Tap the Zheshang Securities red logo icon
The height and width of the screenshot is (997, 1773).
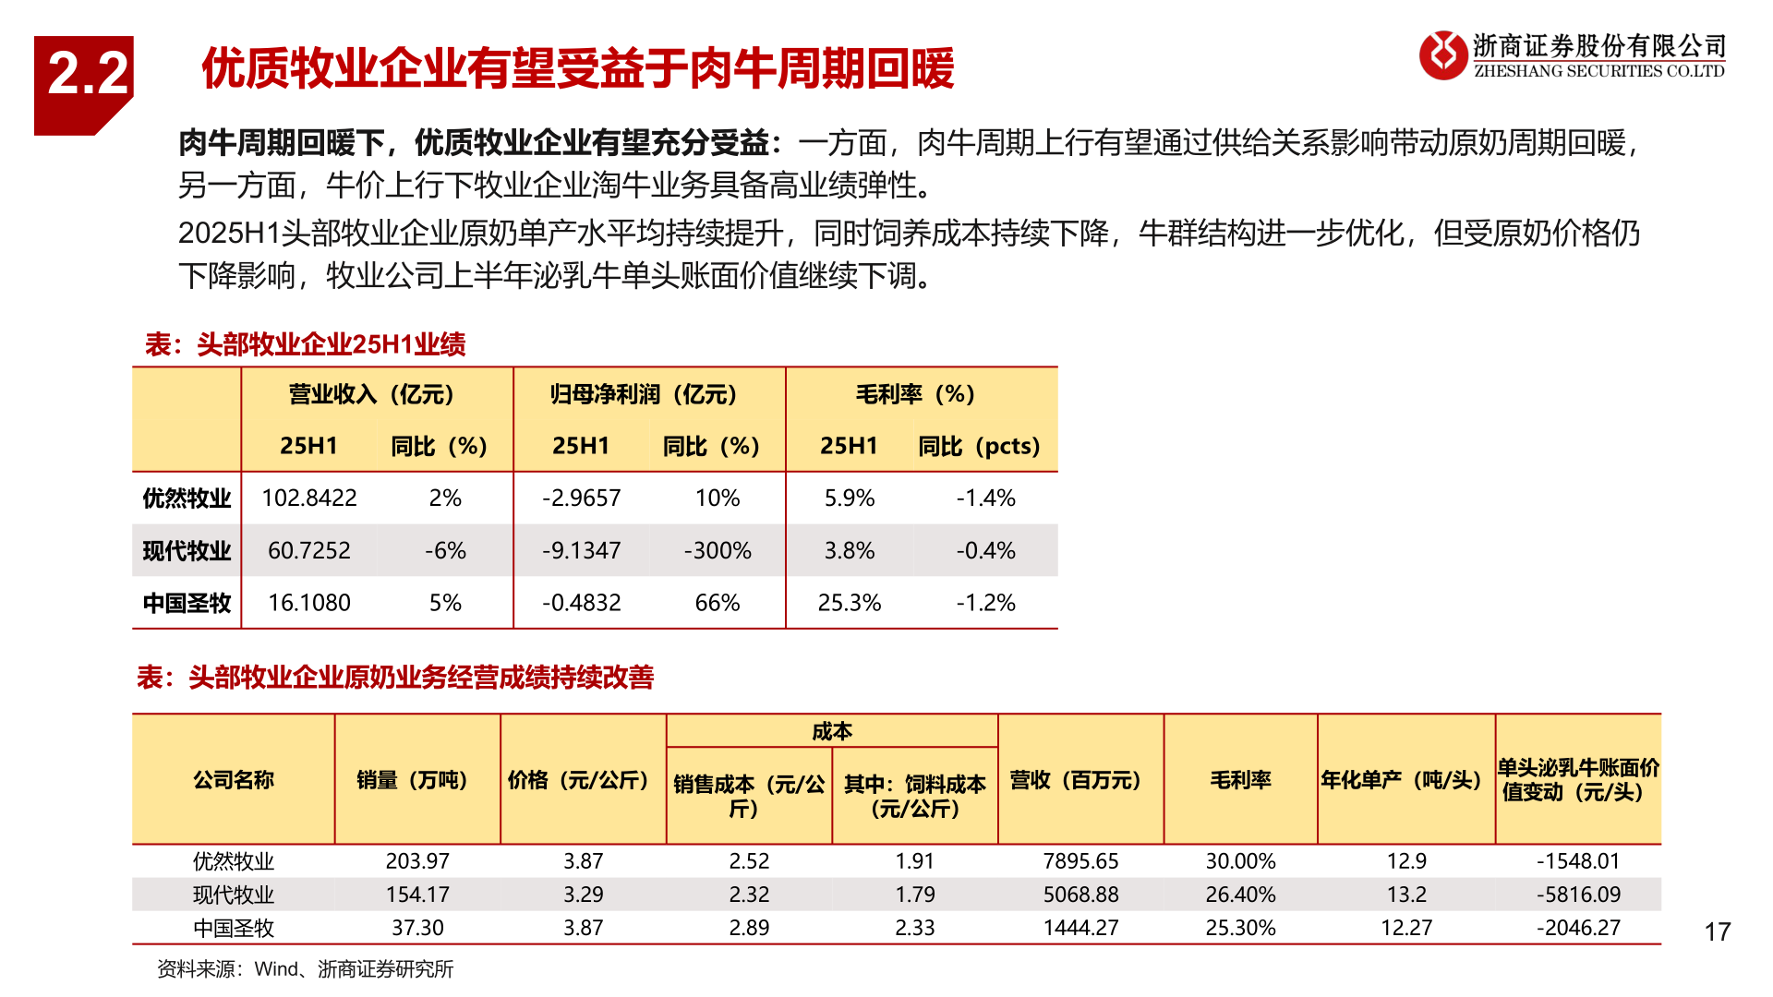point(1442,55)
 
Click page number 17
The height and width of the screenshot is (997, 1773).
point(1717,931)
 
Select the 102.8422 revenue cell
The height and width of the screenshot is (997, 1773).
point(309,498)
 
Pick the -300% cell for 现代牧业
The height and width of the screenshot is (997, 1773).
point(718,551)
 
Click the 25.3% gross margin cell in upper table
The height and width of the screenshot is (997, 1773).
point(850,603)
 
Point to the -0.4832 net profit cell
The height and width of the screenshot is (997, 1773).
point(582,603)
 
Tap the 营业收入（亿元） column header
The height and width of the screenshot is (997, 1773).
point(372,394)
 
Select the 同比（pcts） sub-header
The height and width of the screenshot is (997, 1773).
point(979,446)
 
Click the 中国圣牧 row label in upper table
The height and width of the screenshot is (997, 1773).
point(187,603)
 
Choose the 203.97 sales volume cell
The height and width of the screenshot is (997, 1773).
point(417,861)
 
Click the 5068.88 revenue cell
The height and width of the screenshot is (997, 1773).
point(1080,895)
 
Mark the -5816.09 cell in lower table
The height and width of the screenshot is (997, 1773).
point(1578,895)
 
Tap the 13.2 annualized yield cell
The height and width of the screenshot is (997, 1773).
point(1406,895)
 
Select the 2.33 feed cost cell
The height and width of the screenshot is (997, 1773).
point(914,928)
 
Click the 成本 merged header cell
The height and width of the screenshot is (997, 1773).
point(831,731)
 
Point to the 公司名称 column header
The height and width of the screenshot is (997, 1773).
point(234,780)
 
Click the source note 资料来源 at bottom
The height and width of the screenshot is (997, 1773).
point(305,969)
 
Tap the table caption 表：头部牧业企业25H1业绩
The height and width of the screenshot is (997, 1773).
point(305,344)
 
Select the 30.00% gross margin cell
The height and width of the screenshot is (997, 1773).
point(1240,861)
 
